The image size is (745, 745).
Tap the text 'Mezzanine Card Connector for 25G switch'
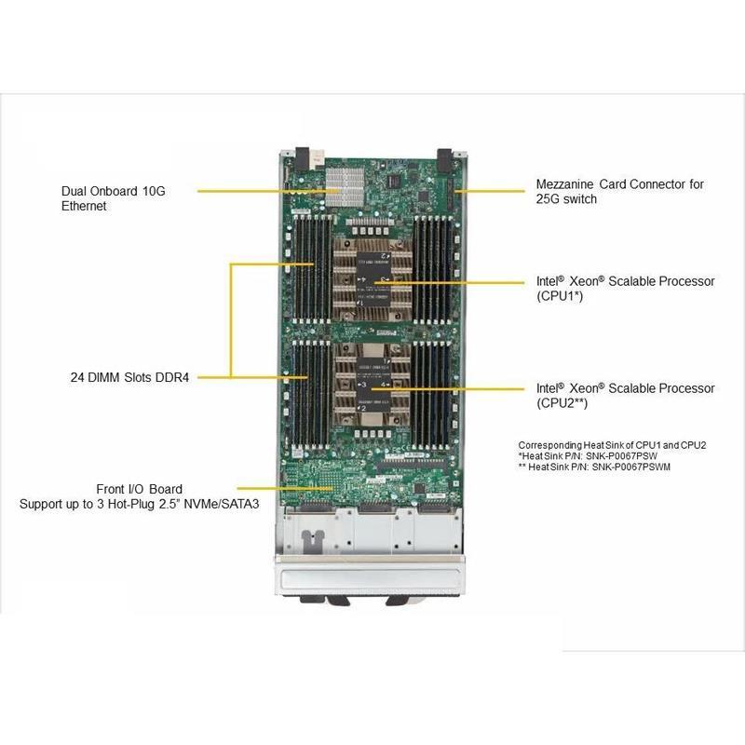[x=618, y=191]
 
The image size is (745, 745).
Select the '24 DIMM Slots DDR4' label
[x=129, y=378]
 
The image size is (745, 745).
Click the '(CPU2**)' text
[x=562, y=403]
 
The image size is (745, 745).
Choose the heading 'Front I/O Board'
[x=140, y=489]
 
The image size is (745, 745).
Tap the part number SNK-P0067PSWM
[x=637, y=467]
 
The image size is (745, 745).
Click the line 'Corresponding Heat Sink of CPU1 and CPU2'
[x=612, y=445]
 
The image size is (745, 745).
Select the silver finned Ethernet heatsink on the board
[x=344, y=188]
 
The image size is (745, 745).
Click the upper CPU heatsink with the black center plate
[x=372, y=278]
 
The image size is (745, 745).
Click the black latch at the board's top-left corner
[x=303, y=155]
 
